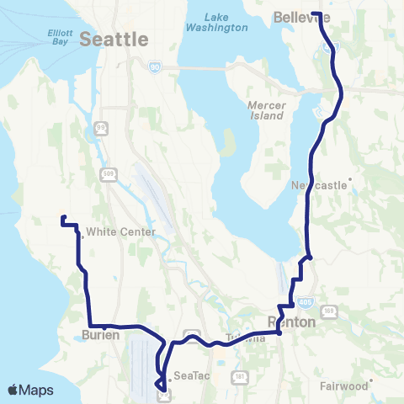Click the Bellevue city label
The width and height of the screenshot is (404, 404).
(302, 17)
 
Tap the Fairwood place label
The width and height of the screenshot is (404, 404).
(343, 386)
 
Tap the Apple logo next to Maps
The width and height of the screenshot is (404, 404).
(13, 391)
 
